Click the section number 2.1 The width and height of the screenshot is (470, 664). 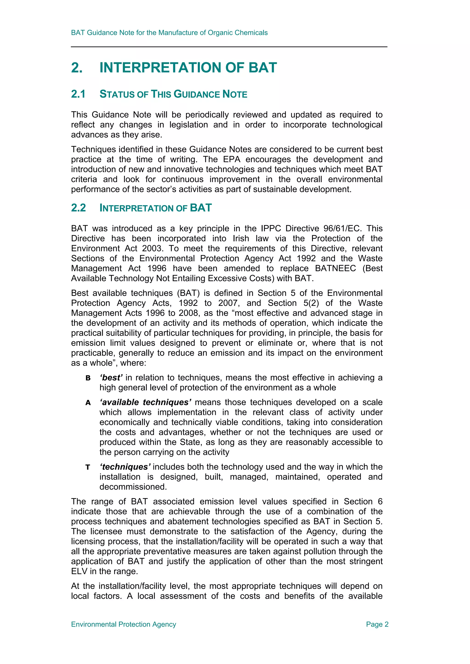coord(78,94)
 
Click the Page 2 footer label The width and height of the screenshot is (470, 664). coord(377,624)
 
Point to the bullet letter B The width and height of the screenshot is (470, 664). coord(88,378)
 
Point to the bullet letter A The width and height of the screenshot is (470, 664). coord(88,403)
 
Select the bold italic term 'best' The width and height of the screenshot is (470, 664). coord(111,377)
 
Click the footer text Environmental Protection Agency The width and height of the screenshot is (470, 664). coord(124,624)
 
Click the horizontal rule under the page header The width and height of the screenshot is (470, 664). coord(229,47)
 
